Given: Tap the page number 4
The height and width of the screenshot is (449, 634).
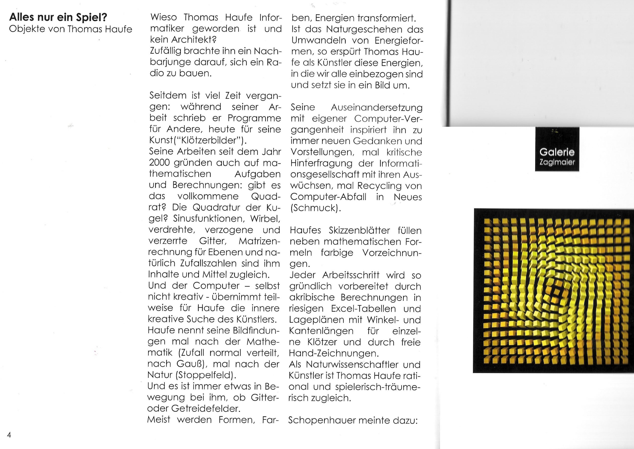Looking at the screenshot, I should [x=9, y=435].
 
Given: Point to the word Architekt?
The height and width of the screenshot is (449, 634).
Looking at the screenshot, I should [x=194, y=40].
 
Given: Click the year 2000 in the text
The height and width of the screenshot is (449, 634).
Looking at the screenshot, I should [x=159, y=162].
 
